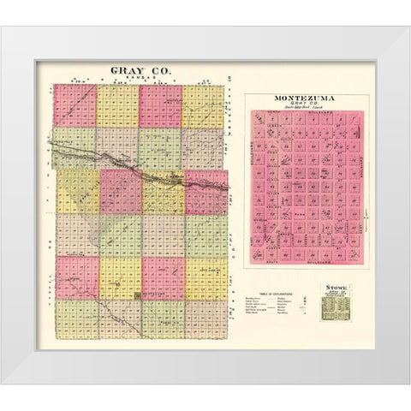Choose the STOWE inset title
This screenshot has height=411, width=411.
point(333,289)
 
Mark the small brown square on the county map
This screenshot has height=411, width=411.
point(138,296)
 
